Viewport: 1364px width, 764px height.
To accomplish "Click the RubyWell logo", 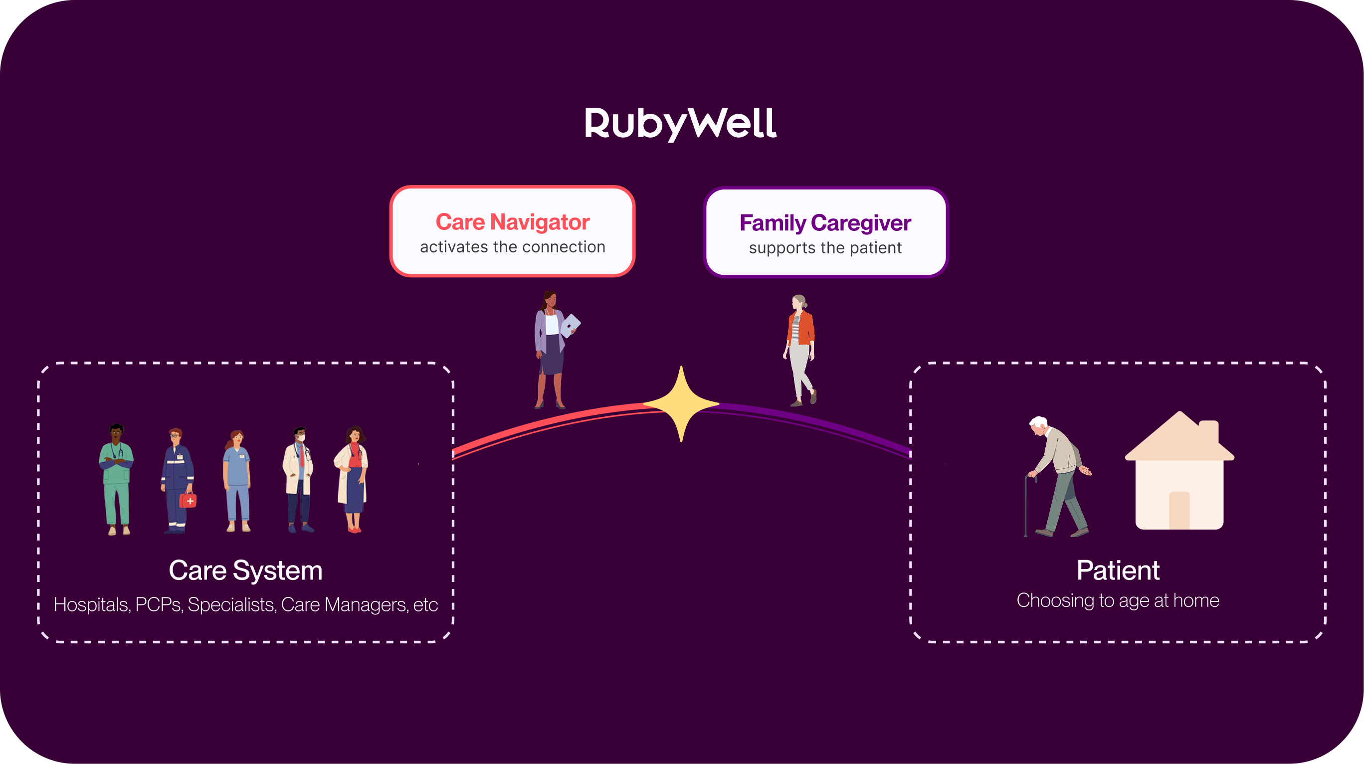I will [680, 123].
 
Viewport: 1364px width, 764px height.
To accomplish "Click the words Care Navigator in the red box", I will [512, 222].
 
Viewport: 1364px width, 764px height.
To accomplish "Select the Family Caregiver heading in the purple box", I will [825, 223].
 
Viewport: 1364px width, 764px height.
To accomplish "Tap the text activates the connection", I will [512, 247].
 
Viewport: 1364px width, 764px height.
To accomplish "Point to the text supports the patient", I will [825, 248].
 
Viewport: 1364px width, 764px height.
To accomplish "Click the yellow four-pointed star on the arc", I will [681, 404].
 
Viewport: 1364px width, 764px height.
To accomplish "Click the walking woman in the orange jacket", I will [800, 350].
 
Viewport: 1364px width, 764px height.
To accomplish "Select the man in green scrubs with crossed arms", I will [117, 479].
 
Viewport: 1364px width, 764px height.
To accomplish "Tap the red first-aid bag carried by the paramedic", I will [188, 500].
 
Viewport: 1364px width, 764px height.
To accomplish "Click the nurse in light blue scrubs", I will [237, 481].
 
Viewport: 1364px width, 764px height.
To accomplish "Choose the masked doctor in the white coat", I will [299, 479].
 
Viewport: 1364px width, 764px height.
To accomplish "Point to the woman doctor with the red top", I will [353, 479].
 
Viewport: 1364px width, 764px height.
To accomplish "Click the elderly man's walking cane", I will [1027, 506].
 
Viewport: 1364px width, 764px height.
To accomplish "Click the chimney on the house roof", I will [1209, 431].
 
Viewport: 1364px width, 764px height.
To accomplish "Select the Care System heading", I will [245, 570].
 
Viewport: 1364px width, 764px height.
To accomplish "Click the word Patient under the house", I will [1118, 570].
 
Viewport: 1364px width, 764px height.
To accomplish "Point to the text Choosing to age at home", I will [1118, 601].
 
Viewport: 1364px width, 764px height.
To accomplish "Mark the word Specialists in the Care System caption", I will [232, 604].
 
